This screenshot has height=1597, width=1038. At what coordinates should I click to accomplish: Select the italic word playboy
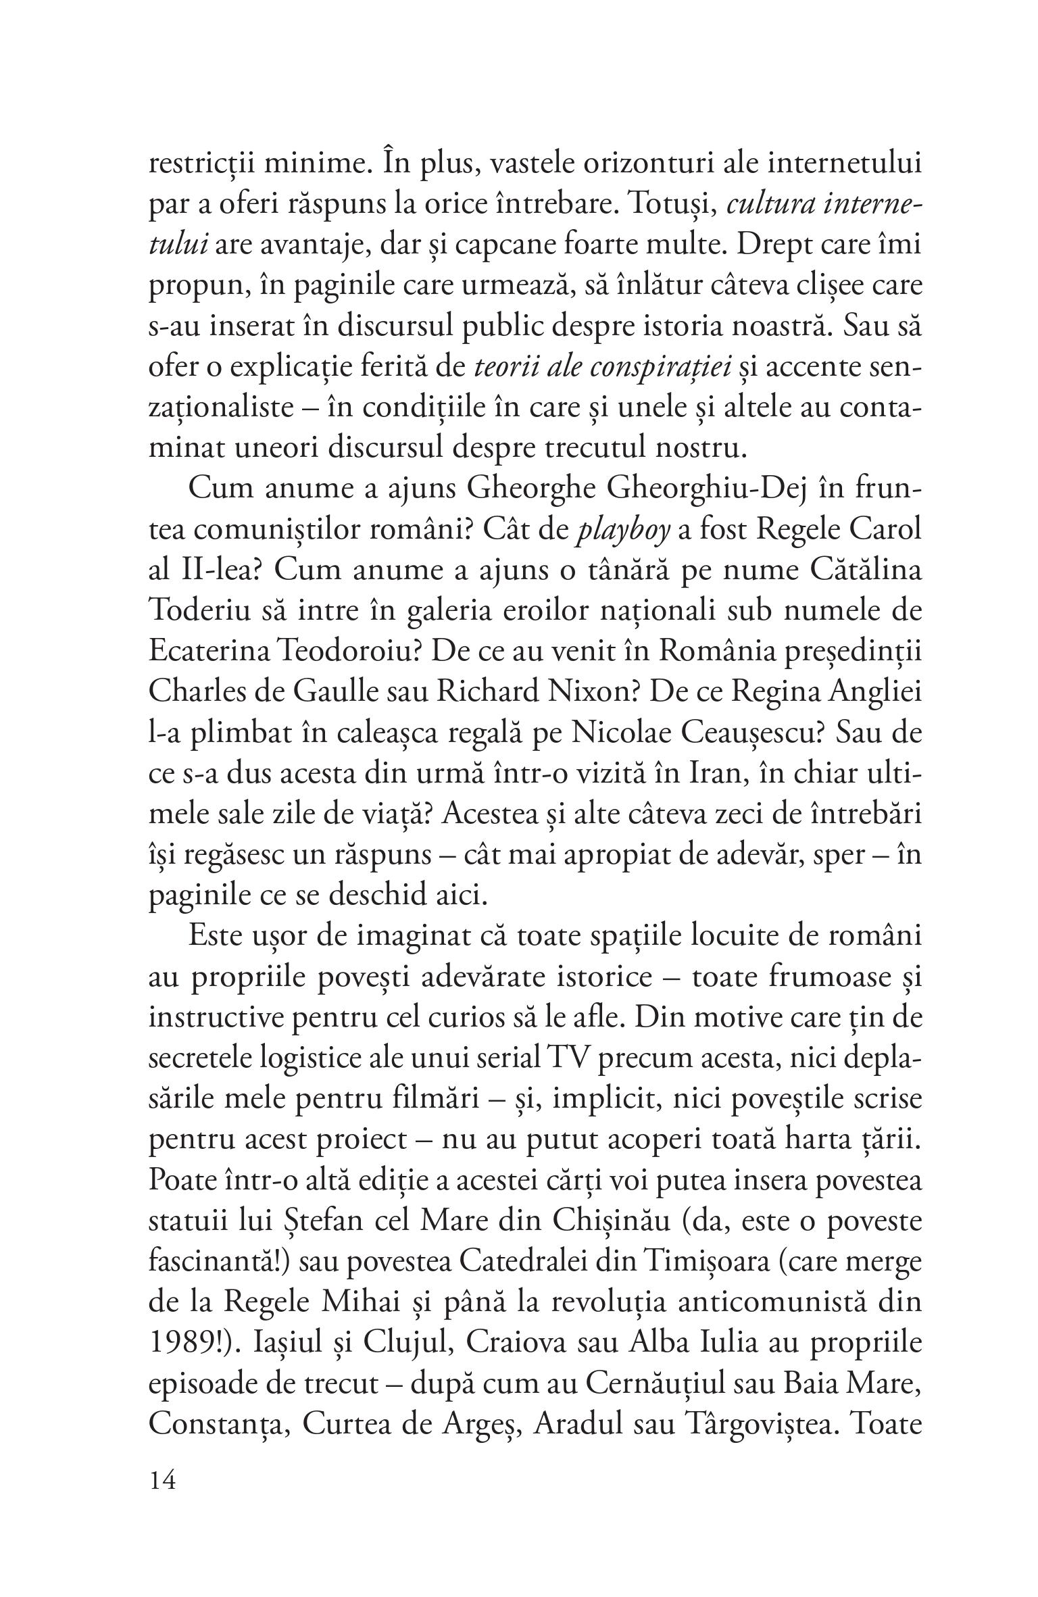pos(622,530)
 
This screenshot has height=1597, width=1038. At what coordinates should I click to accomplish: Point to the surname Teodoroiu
pos(349,652)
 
